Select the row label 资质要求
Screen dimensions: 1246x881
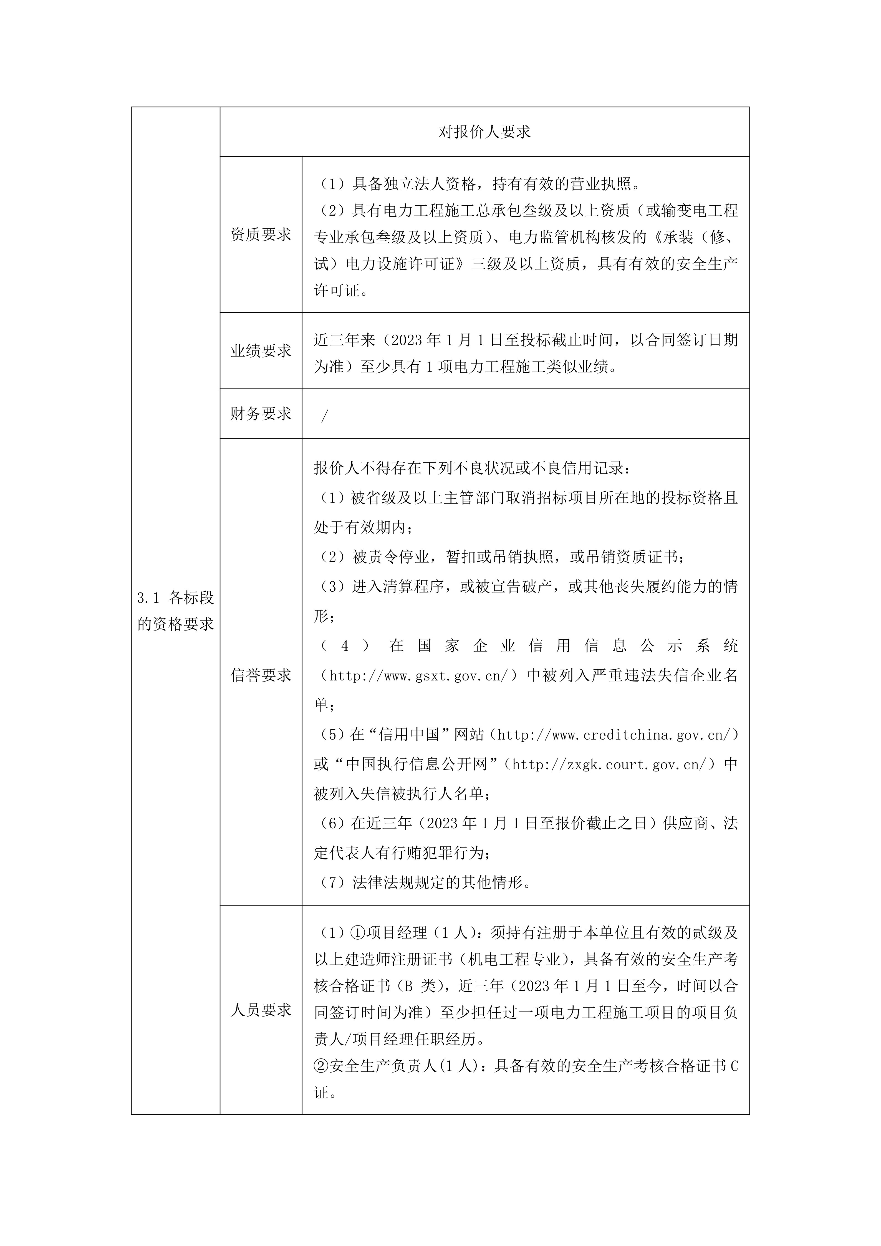261,234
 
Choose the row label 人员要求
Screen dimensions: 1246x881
261,1010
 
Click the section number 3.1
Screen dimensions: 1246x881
148,598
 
